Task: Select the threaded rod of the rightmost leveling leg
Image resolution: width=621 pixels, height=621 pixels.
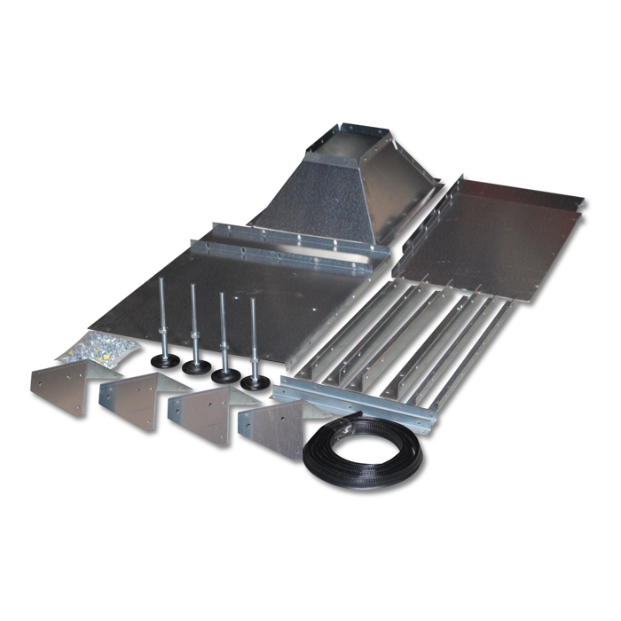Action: coord(255,337)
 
